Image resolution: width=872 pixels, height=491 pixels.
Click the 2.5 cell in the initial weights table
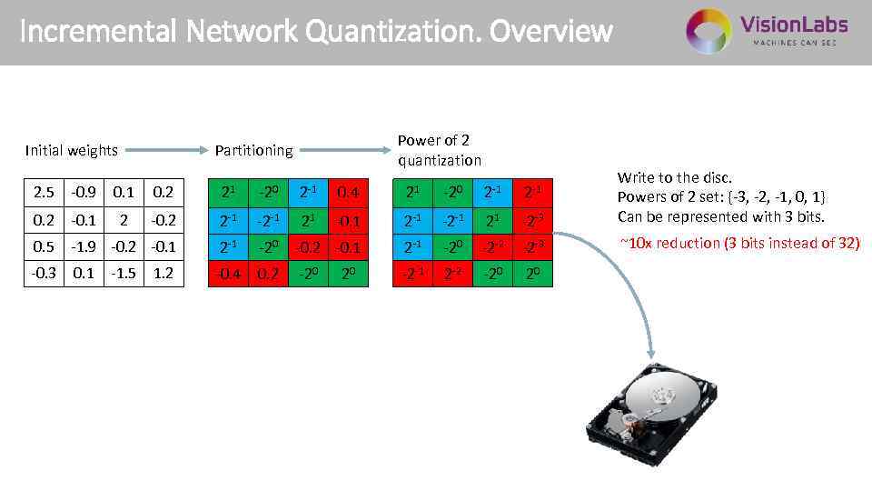43,192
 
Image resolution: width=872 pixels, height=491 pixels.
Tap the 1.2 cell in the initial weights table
164,273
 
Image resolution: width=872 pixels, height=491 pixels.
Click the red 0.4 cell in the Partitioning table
348,192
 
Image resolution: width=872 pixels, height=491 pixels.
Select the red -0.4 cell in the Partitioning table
228,273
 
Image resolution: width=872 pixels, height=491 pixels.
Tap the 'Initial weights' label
72,150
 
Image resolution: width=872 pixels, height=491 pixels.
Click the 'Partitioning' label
253,150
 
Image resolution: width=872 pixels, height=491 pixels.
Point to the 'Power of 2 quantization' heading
440,150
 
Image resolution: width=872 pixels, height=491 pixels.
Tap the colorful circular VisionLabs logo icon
708,30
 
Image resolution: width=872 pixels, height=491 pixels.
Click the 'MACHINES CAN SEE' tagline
794,43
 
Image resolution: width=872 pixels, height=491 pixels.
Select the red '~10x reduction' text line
738,243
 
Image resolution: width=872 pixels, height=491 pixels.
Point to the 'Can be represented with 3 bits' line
720,216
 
